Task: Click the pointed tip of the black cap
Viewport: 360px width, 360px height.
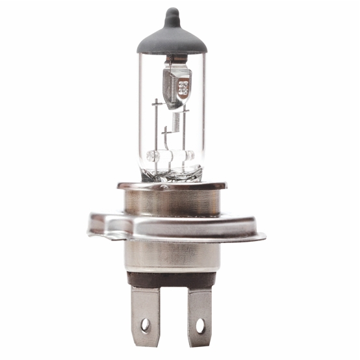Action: click(x=172, y=12)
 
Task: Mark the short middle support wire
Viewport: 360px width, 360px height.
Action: click(x=167, y=143)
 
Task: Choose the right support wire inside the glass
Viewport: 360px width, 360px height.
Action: click(x=186, y=136)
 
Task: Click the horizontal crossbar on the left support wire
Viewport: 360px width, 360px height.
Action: click(x=156, y=102)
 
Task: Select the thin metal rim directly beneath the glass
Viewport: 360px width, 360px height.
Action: click(x=172, y=186)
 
